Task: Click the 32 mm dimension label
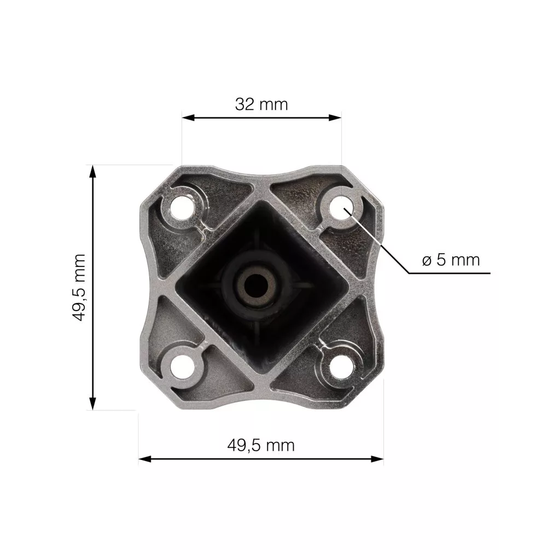pos(261,104)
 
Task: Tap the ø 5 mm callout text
pos(451,260)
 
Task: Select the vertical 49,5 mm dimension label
pos(79,288)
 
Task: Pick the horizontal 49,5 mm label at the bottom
pos(261,446)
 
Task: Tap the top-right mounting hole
pos(342,208)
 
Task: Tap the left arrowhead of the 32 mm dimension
pos(188,118)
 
